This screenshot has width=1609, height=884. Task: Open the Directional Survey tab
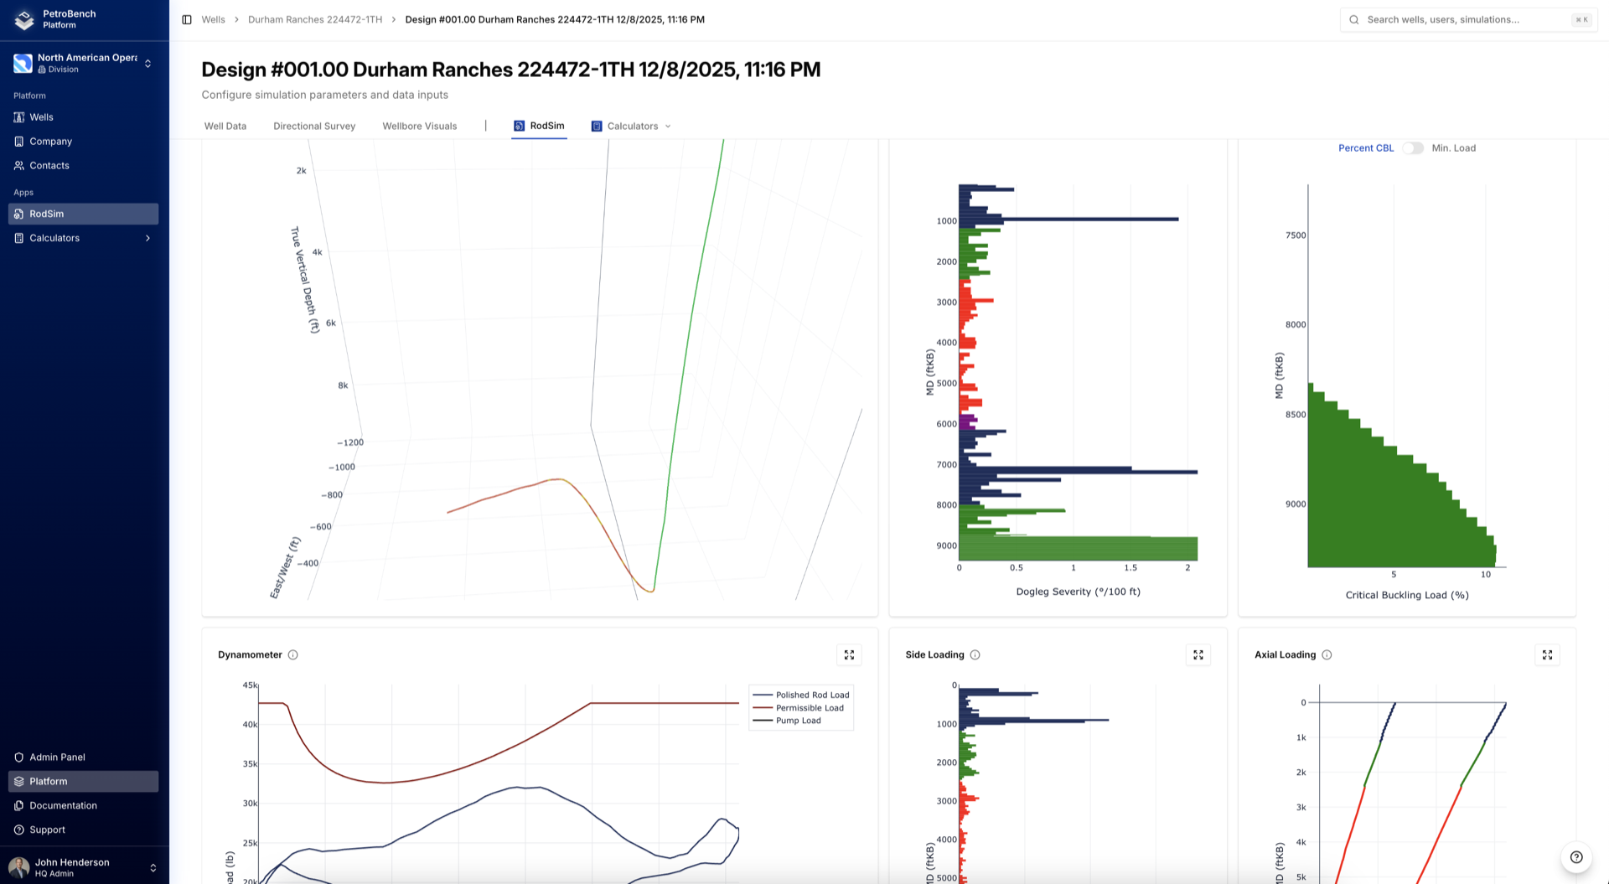tap(314, 127)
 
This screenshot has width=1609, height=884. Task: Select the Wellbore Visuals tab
tap(419, 127)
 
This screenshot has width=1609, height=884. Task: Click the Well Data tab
tap(225, 127)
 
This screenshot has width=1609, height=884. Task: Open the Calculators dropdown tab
tap(632, 127)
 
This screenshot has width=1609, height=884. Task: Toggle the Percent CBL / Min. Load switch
tap(1413, 148)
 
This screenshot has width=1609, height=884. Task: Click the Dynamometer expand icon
tap(849, 655)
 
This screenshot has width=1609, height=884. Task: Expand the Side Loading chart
tap(1198, 655)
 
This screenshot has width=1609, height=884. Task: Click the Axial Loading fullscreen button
tap(1547, 655)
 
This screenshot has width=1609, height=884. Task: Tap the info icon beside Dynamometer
tap(293, 655)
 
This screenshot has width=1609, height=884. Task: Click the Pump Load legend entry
tap(798, 721)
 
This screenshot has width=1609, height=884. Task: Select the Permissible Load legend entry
tap(809, 708)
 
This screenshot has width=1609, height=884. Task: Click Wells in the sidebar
tap(41, 117)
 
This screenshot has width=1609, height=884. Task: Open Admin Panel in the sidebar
tap(57, 757)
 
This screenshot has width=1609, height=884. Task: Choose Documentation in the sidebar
tap(63, 806)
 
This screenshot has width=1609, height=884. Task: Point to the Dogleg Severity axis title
tap(1078, 592)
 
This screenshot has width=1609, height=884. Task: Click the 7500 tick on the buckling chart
tap(1296, 235)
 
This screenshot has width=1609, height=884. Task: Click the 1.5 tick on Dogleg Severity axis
tap(1130, 568)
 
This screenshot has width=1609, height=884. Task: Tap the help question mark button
tap(1576, 857)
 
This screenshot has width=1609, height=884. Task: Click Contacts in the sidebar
tap(49, 166)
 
